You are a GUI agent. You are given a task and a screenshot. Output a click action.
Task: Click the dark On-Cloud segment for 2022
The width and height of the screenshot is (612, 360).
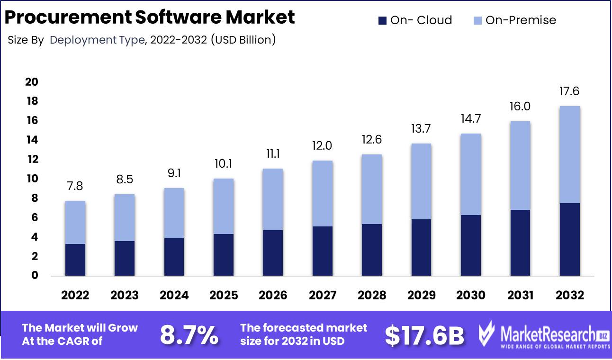(x=75, y=260)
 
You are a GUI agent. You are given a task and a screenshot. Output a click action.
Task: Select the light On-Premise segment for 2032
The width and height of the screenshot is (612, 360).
(x=570, y=154)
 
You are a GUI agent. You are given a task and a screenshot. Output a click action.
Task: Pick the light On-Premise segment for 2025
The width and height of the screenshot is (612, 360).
(x=224, y=206)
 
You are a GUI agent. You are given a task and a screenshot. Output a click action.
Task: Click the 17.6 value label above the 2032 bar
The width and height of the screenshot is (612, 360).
(x=570, y=91)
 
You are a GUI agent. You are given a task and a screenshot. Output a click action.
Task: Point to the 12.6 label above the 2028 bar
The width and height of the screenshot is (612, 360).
(x=372, y=140)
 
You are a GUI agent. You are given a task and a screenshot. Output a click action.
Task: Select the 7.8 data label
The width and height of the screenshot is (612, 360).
(x=75, y=186)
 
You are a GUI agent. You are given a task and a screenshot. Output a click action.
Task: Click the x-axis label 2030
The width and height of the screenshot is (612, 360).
(x=471, y=295)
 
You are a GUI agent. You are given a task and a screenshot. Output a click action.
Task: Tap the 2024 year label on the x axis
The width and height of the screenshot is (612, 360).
(x=174, y=295)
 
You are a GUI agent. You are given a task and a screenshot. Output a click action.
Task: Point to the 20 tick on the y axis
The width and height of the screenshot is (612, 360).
(x=31, y=82)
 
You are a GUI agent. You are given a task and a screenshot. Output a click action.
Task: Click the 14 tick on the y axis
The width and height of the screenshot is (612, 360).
(x=31, y=140)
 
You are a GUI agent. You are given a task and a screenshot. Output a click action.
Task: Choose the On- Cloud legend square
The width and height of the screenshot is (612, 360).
(x=382, y=20)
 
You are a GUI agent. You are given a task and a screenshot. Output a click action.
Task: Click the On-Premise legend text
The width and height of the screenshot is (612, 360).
(x=521, y=20)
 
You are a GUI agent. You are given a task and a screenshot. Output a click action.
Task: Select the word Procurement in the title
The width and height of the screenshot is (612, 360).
(x=67, y=18)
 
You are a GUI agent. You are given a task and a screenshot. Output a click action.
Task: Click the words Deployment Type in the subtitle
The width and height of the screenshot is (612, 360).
(x=97, y=40)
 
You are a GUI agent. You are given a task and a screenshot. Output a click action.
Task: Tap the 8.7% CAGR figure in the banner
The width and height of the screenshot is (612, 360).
(x=189, y=335)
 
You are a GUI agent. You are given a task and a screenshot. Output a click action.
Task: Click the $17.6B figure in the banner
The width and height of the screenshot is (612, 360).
(x=424, y=335)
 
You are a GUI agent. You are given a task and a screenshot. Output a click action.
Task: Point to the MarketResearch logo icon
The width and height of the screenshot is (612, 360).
(x=487, y=334)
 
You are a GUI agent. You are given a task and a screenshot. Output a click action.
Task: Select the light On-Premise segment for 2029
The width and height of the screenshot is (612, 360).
(x=422, y=181)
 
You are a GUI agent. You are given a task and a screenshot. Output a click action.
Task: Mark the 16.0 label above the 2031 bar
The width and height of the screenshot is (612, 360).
(x=520, y=107)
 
